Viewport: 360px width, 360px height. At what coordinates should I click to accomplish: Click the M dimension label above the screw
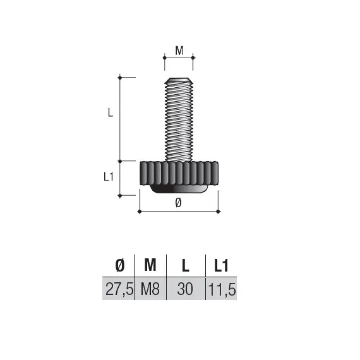point(179,51)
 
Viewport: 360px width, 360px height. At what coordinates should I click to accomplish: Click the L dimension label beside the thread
point(109,114)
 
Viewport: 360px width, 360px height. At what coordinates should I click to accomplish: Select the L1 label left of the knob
point(108,177)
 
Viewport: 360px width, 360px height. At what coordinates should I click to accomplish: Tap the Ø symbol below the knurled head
point(177,202)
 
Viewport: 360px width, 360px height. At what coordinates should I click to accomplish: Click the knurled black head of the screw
point(178,172)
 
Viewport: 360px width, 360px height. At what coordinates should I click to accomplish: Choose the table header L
point(186,266)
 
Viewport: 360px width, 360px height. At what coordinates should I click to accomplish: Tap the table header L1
point(220,266)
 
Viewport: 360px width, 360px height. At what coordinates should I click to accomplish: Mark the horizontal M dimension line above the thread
point(179,58)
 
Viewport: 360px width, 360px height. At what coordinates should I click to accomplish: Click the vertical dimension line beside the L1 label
point(120,178)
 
